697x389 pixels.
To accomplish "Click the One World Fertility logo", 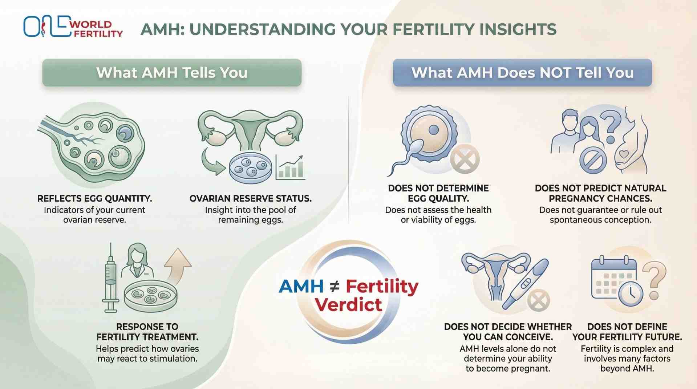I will click(x=73, y=27).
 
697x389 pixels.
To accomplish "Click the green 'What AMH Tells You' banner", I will click(x=172, y=73).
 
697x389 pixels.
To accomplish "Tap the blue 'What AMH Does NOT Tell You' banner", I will click(x=522, y=73).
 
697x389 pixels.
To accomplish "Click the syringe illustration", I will click(x=110, y=280).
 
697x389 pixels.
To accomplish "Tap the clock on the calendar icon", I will click(x=631, y=293).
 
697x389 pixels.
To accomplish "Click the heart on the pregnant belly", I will click(x=624, y=154).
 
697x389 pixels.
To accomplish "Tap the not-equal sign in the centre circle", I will click(x=335, y=287).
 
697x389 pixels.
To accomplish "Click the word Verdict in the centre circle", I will click(x=349, y=304).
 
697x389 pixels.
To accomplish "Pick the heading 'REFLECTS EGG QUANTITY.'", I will click(x=94, y=199).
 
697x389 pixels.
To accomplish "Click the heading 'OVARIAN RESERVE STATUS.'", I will click(x=250, y=199).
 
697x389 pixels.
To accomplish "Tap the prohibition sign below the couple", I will click(x=593, y=160).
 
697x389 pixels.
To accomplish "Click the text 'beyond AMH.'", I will click(x=627, y=369).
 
